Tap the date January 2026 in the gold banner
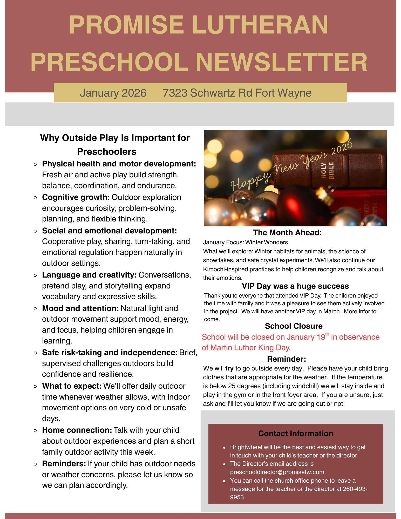coord(113,93)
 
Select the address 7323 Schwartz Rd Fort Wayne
coord(237,93)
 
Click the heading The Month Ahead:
coord(287,233)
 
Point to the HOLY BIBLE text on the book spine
coord(327,171)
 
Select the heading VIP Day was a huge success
coord(295,286)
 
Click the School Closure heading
coord(294,326)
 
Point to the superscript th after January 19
coord(327,334)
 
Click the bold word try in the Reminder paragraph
coord(229,368)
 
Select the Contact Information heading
coord(296,434)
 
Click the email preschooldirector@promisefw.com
coord(277,472)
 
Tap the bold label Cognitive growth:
coord(76,197)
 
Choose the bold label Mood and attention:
coord(80,308)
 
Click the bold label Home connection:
coord(77,430)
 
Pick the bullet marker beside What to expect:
coord(36,386)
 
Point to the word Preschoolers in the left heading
coord(107,152)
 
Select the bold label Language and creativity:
coord(89,275)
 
